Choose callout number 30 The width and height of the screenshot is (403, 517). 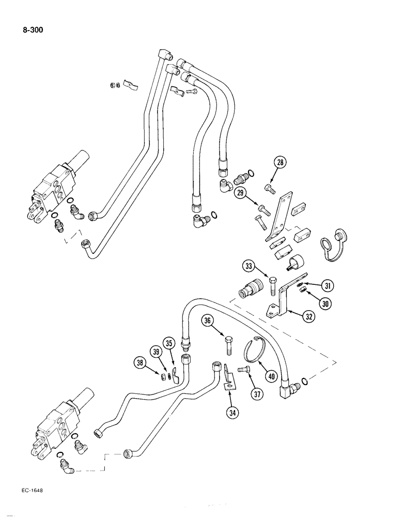point(325,303)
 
